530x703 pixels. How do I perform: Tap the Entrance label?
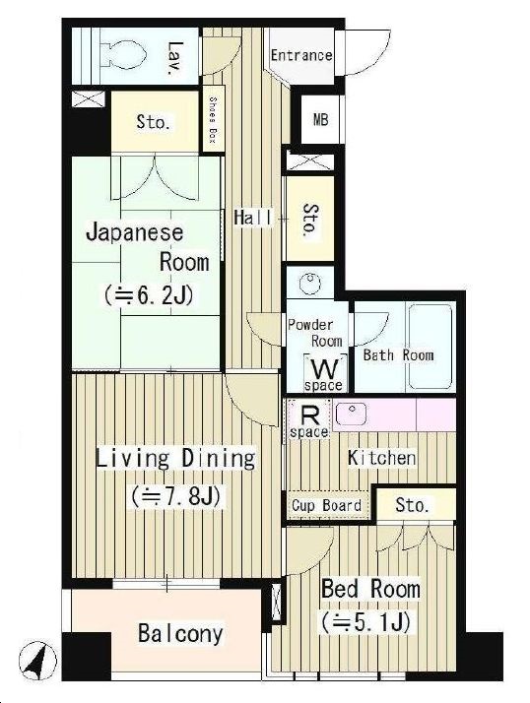(x=301, y=55)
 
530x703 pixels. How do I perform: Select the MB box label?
(x=320, y=119)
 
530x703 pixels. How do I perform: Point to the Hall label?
(x=252, y=218)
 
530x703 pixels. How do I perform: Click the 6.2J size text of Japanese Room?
(x=149, y=295)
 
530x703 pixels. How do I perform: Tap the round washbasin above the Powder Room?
(x=310, y=284)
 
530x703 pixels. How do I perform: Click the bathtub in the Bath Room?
(x=430, y=347)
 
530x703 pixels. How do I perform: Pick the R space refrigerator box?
(x=308, y=419)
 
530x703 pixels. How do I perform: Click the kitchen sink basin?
(x=352, y=414)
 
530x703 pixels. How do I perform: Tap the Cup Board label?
(x=326, y=506)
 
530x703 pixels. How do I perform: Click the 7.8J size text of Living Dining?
(x=176, y=496)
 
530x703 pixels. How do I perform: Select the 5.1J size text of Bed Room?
(x=365, y=622)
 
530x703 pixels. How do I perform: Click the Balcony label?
(x=180, y=633)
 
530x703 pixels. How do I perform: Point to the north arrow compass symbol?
(x=37, y=661)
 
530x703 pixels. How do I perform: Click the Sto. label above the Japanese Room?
(x=154, y=121)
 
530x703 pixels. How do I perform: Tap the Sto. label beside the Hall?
(x=310, y=221)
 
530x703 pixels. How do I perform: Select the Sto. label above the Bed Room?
(x=412, y=505)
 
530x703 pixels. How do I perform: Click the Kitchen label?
(x=382, y=458)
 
